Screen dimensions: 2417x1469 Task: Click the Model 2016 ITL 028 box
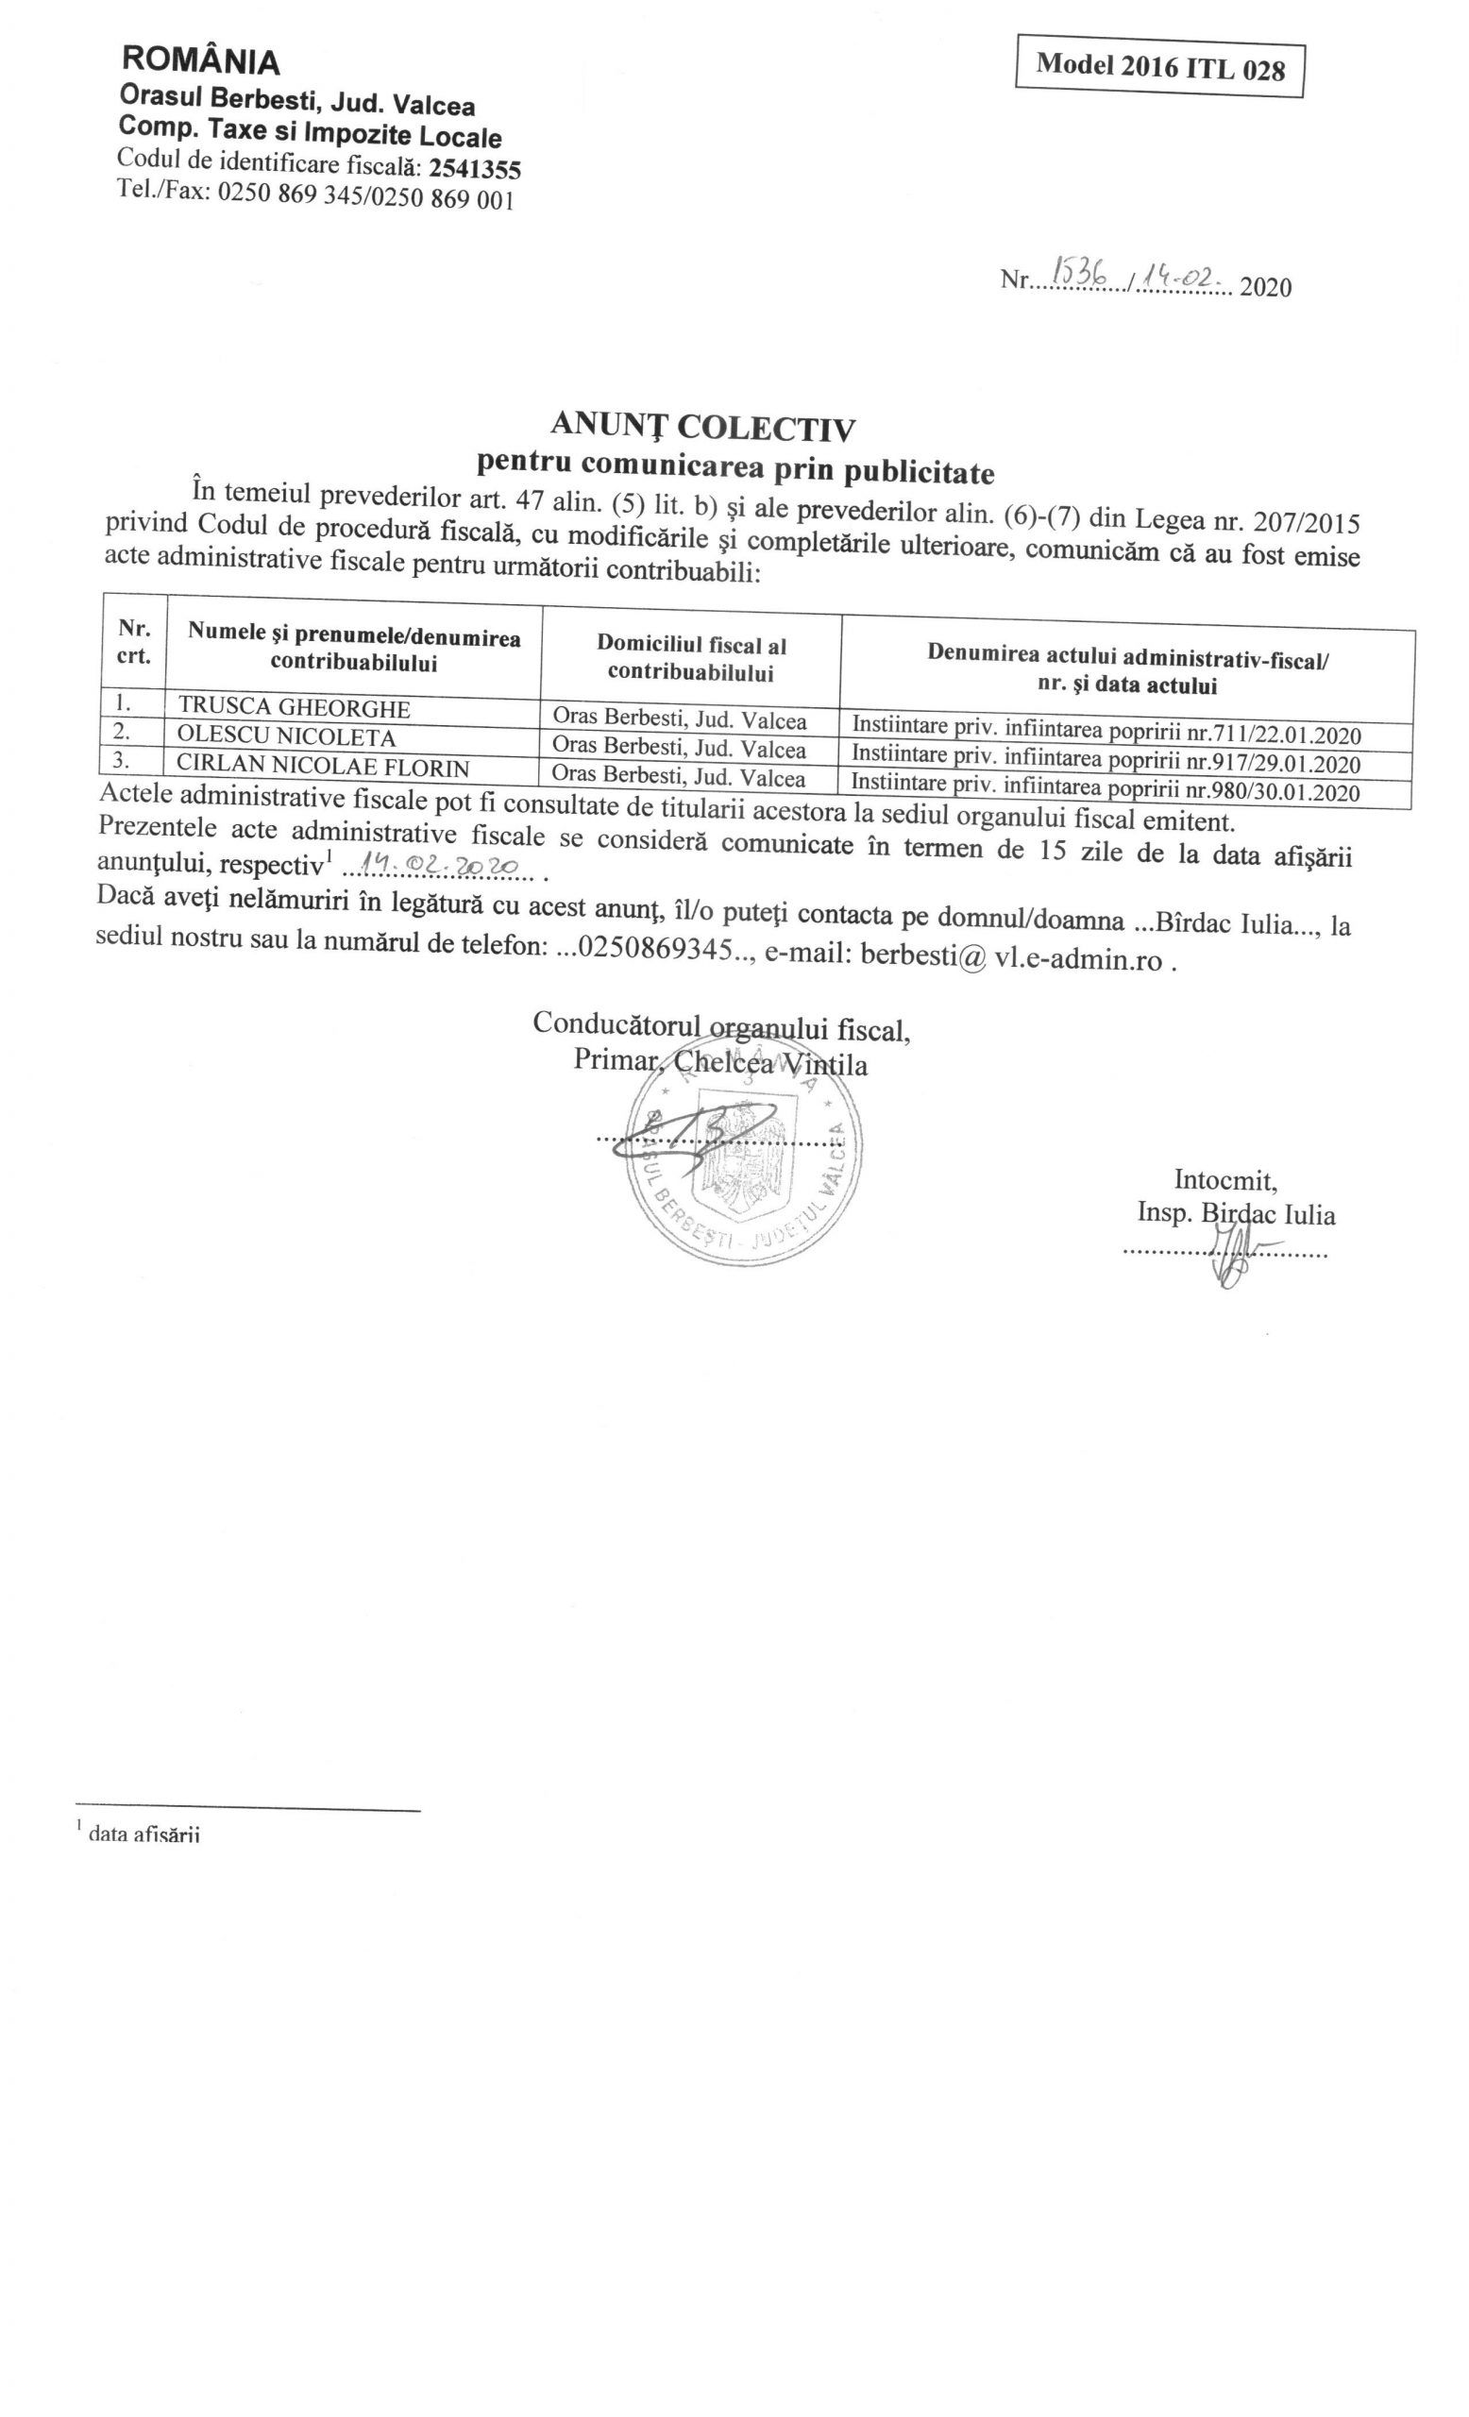tap(1158, 67)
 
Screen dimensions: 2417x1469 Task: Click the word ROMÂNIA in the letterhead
tap(200, 60)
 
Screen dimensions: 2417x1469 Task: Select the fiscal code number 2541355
tap(475, 169)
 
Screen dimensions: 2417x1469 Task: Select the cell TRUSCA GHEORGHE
tap(295, 708)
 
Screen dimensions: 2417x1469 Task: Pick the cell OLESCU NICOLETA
tap(286, 737)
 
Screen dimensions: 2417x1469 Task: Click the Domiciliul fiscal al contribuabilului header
tap(690, 658)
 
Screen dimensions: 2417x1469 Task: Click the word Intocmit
tap(1224, 1179)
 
